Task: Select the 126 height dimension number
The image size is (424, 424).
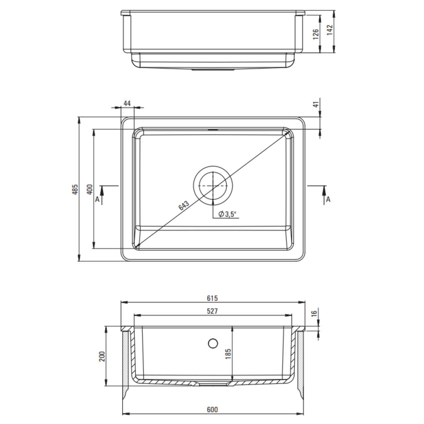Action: [x=316, y=34]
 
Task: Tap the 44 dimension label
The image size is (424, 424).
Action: [x=127, y=103]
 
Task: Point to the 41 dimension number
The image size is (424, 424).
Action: [x=316, y=104]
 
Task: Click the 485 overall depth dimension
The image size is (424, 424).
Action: [x=75, y=190]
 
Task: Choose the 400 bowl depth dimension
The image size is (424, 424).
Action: [x=90, y=190]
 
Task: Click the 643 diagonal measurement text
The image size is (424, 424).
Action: [x=184, y=206]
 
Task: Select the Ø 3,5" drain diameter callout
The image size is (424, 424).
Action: [x=227, y=214]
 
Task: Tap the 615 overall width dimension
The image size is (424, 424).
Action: [x=212, y=298]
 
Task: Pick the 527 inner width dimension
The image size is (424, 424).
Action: [x=212, y=311]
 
